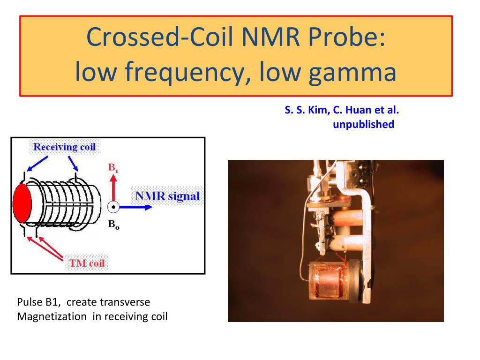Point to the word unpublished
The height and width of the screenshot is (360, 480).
point(363,124)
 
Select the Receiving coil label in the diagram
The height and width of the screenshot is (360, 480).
point(64,147)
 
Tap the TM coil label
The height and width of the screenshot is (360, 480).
point(87,263)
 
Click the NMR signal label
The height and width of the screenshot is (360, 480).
point(167,196)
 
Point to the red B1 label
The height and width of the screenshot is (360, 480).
point(113,168)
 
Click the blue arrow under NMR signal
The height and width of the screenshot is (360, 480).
point(136,207)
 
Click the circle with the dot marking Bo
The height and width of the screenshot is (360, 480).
point(113,207)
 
